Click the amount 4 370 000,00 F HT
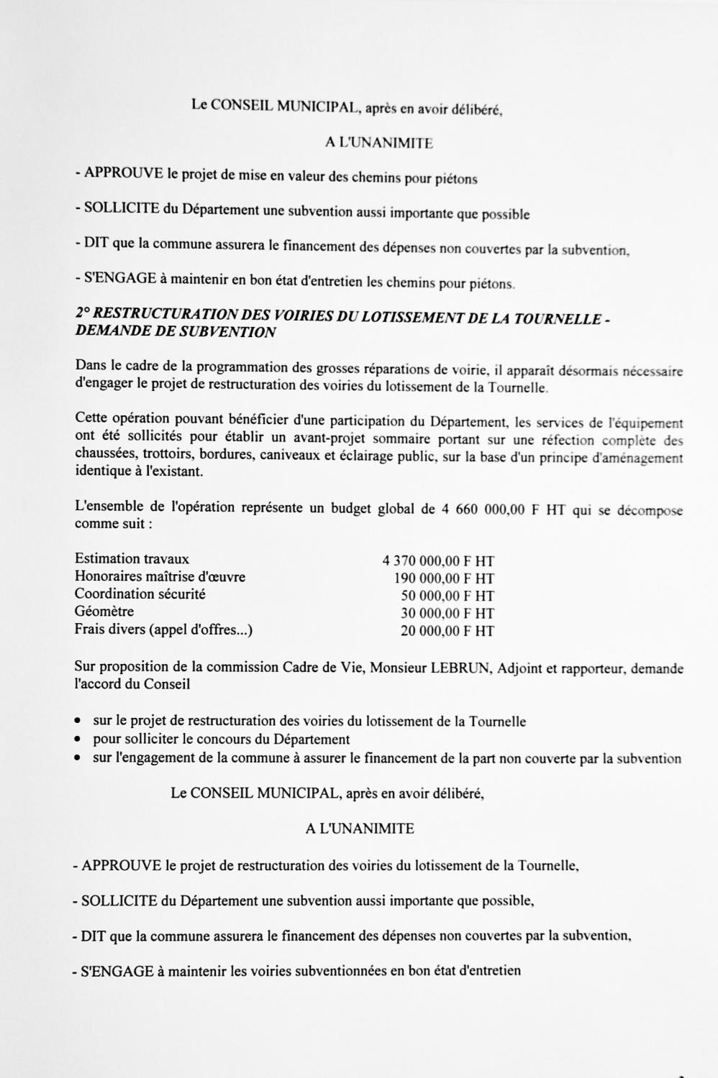438,561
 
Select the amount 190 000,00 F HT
444,579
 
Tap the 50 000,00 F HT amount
447,596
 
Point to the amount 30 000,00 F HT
447,613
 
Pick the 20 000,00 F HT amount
447,631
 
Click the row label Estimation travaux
132,558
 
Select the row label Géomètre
104,612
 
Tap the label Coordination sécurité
140,594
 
